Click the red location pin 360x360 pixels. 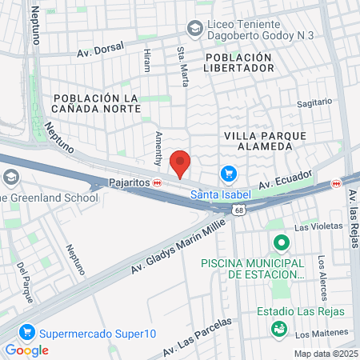(x=181, y=162)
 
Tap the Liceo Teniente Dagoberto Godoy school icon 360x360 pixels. (x=194, y=29)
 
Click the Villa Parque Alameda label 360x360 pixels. (x=265, y=142)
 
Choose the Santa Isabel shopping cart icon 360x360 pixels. (x=229, y=174)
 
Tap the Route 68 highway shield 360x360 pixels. (x=238, y=209)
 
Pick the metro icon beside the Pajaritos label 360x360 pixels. (x=158, y=182)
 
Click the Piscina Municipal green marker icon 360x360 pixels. (x=281, y=242)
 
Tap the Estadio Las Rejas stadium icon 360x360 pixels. (x=279, y=329)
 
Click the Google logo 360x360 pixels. (x=26, y=350)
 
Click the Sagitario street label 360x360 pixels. (x=314, y=102)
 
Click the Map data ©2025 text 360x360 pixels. (x=326, y=354)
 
